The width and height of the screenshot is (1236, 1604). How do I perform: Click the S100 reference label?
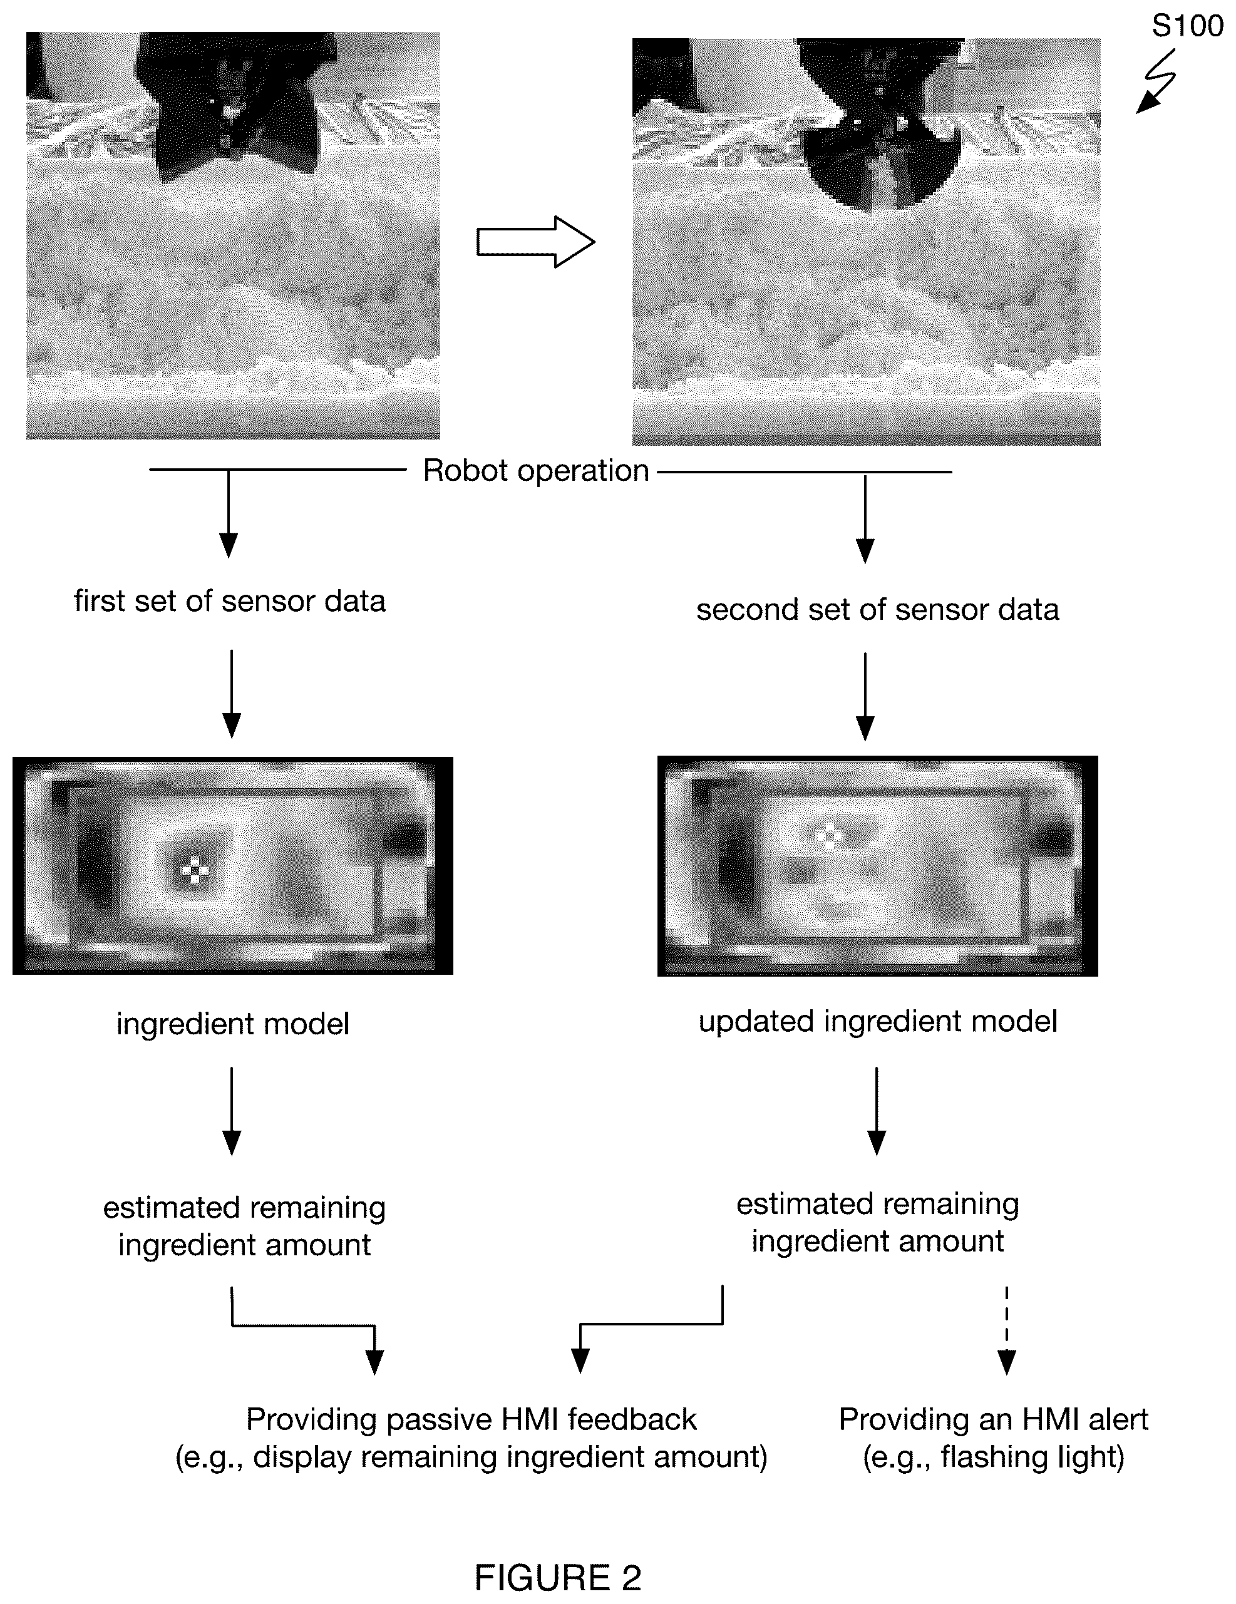pyautogui.click(x=1187, y=26)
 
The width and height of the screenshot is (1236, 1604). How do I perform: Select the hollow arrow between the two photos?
pyautogui.click(x=535, y=242)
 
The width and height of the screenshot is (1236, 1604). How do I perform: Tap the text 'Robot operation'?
pyautogui.click(x=536, y=471)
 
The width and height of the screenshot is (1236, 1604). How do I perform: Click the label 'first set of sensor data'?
pyautogui.click(x=230, y=601)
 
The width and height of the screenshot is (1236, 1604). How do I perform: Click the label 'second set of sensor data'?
pyautogui.click(x=878, y=610)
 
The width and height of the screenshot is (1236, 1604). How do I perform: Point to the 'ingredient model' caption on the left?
pyautogui.click(x=233, y=1024)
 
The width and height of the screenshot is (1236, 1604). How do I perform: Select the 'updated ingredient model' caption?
pyautogui.click(x=878, y=1022)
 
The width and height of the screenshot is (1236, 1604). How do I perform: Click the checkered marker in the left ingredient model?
pyautogui.click(x=195, y=870)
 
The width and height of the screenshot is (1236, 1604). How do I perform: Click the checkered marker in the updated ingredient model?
pyautogui.click(x=830, y=835)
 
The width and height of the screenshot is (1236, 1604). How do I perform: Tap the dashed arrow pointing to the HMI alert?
pyautogui.click(x=1006, y=1329)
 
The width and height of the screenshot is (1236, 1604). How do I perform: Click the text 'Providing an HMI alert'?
pyautogui.click(x=993, y=1419)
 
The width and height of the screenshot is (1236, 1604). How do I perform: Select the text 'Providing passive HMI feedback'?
pyautogui.click(x=471, y=1419)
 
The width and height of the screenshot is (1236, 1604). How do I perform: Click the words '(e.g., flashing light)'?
pyautogui.click(x=993, y=1456)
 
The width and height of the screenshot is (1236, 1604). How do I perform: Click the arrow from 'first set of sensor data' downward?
pyautogui.click(x=231, y=693)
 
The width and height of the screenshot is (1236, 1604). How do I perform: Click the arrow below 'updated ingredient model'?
pyautogui.click(x=877, y=1111)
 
